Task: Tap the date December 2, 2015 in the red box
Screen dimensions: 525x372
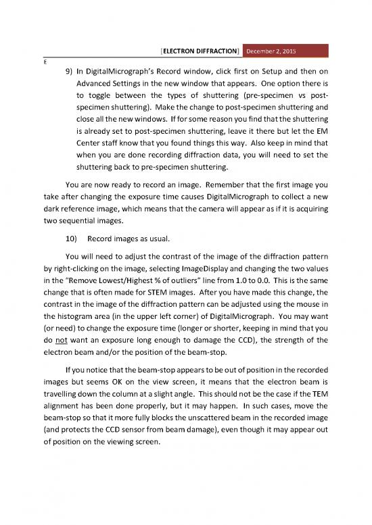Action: [273, 51]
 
